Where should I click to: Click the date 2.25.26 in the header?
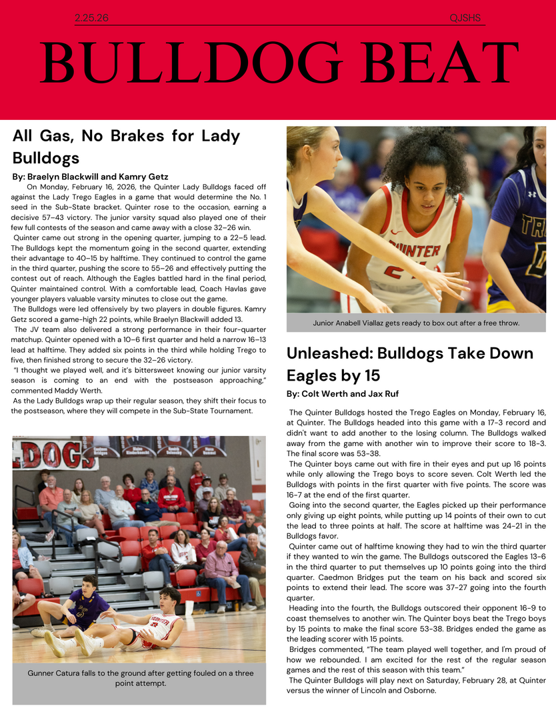pyautogui.click(x=92, y=18)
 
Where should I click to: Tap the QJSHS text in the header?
pyautogui.click(x=465, y=18)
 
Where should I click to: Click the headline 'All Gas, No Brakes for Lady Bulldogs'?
pyautogui.click(x=126, y=147)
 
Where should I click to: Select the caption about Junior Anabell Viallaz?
pyautogui.click(x=416, y=323)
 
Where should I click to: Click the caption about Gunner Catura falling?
pyautogui.click(x=140, y=678)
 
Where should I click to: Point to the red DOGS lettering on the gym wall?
pyautogui.click(x=47, y=455)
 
